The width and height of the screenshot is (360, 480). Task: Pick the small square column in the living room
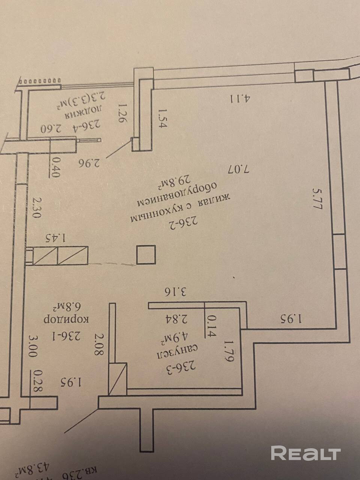pos(145,255)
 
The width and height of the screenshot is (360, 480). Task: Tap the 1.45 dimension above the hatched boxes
pos(56,237)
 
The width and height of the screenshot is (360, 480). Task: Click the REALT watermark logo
pos(305,453)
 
